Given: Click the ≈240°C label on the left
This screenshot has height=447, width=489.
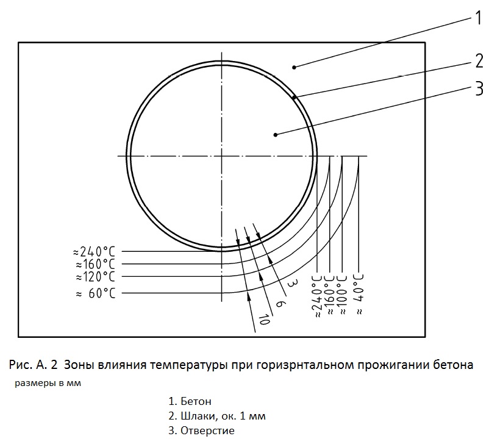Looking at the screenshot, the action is click(x=94, y=252).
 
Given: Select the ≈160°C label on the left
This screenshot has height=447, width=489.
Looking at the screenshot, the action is click(x=95, y=265).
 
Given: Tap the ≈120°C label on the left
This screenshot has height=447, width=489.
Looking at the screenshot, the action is click(x=95, y=277).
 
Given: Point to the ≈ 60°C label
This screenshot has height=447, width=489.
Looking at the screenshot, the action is click(x=95, y=293).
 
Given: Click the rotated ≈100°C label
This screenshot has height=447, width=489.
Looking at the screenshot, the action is click(x=342, y=294).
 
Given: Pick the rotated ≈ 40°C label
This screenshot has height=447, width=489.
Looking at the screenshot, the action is click(x=359, y=294).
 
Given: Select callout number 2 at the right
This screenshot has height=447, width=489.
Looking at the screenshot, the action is click(x=479, y=60).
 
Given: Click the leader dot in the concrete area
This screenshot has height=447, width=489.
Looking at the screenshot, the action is click(x=294, y=66).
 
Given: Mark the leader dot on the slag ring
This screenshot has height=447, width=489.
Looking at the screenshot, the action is click(x=294, y=98).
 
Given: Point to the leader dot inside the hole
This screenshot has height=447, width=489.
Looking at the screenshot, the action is click(x=275, y=135).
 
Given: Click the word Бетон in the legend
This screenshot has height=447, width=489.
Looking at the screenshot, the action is click(x=196, y=401).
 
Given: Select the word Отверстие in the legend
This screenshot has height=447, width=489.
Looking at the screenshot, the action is click(x=207, y=431).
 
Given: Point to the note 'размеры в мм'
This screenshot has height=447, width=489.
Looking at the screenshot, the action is click(x=48, y=383).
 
